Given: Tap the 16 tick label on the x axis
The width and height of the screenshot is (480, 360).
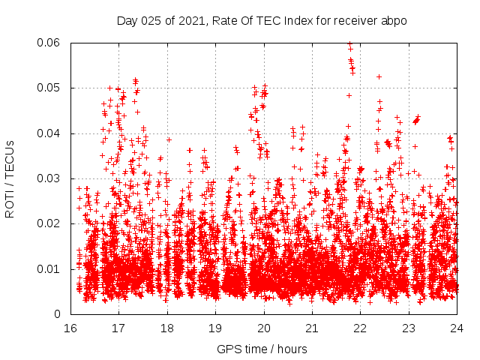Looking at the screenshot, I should [x=70, y=328].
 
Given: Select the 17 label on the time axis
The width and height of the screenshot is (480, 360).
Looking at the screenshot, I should [x=118, y=328].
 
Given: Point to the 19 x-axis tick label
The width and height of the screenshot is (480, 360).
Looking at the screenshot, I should [x=215, y=328].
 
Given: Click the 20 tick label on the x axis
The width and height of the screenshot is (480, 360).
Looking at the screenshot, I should [x=264, y=328].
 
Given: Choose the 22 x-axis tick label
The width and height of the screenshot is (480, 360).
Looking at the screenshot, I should [x=361, y=328].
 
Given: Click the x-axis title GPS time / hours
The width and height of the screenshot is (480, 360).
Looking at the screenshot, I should [x=262, y=349].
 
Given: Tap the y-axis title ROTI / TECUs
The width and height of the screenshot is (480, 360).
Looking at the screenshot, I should [x=10, y=178].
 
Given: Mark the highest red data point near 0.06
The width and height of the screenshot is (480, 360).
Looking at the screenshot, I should [x=349, y=43].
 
